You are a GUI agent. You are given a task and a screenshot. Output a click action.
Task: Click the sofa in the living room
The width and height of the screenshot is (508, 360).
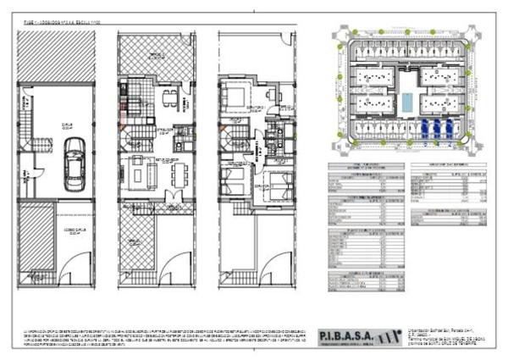[139, 173]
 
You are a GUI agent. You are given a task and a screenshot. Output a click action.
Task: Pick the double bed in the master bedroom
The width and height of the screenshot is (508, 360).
[237, 93]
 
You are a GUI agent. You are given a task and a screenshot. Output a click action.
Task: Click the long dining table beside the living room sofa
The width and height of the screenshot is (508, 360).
[176, 173]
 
